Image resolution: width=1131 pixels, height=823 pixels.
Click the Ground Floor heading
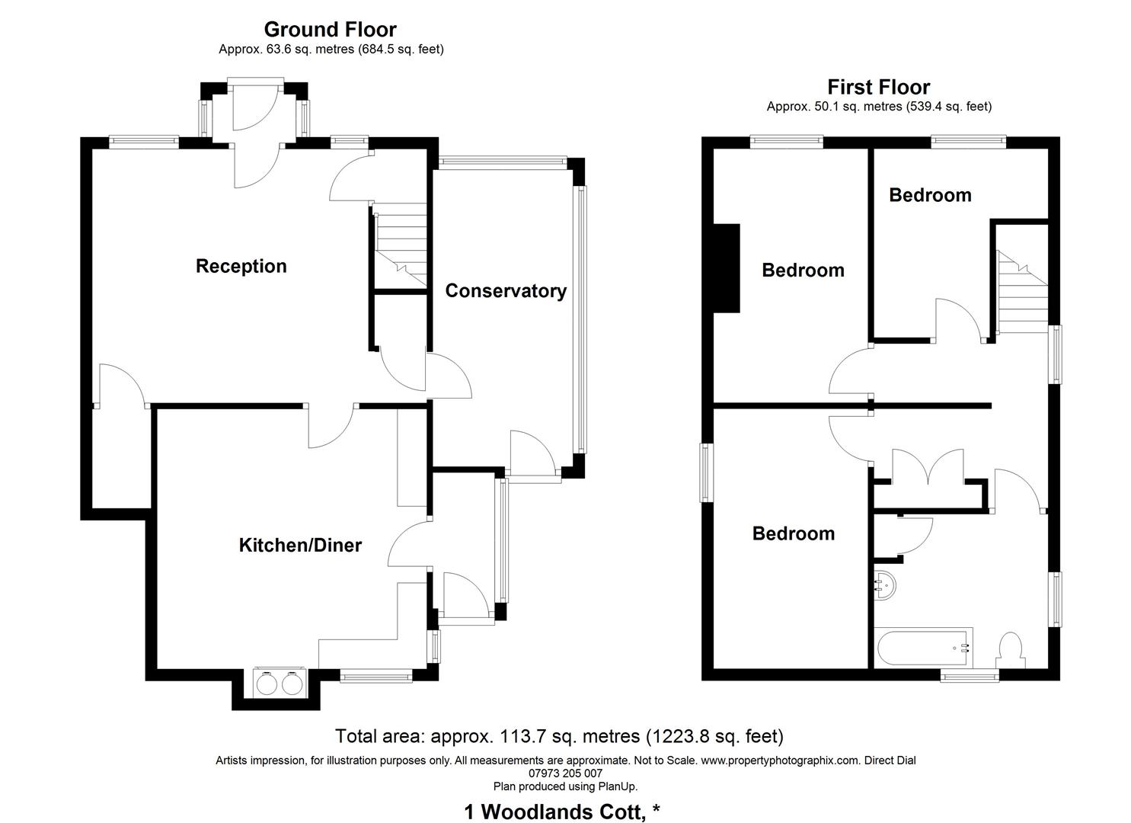tap(330, 30)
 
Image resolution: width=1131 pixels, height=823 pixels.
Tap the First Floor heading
tap(879, 87)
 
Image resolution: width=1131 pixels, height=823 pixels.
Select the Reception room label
tap(241, 266)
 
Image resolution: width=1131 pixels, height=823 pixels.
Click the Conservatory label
tap(506, 291)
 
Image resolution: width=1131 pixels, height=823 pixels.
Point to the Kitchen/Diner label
tap(300, 546)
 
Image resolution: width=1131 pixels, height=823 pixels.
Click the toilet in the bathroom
tap(1010, 648)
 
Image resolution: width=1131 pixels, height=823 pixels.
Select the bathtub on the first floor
tap(924, 648)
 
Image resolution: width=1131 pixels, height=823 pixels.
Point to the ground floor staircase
tap(401, 245)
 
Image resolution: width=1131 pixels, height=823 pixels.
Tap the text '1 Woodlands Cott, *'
tap(561, 812)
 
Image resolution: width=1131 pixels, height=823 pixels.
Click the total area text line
tap(559, 736)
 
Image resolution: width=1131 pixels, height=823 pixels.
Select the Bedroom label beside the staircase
tap(930, 195)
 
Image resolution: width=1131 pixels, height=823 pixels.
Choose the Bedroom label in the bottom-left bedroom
tap(793, 533)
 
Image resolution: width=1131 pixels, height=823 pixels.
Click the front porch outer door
tap(256, 107)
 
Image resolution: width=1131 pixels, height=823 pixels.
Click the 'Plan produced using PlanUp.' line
tap(565, 786)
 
